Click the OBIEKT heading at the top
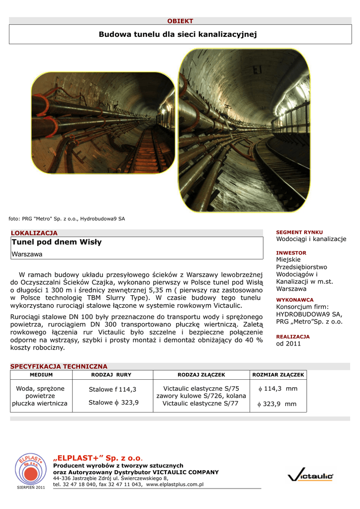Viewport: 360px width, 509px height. coord(180,21)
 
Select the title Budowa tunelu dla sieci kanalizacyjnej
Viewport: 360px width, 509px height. coord(178,34)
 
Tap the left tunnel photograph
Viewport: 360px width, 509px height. coord(103,123)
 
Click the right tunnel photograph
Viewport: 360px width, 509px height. coord(244,130)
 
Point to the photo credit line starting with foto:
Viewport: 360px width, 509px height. coord(67,219)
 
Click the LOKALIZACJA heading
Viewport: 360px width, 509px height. coord(34,233)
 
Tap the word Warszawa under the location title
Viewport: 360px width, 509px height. coord(27,254)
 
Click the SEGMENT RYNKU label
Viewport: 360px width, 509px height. coord(299,232)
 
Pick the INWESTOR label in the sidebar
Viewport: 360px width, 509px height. coord(291,253)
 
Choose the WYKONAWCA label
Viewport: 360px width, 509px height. coord(295,300)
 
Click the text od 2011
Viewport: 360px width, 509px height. coord(288,343)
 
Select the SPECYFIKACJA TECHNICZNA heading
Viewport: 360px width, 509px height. coord(59,366)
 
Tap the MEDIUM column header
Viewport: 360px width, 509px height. coord(41,374)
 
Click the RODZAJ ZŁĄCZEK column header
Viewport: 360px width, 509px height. coord(201,374)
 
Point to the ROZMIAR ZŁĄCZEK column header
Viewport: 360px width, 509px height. coord(278,374)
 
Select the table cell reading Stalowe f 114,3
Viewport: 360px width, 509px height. coord(112,389)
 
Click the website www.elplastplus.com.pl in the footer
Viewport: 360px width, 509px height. coord(175,484)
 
